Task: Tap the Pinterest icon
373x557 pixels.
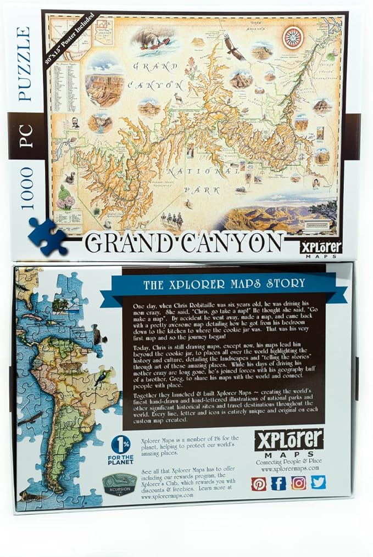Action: (x=259, y=483)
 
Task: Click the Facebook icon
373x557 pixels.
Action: (x=279, y=483)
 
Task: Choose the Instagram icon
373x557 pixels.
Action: (x=298, y=483)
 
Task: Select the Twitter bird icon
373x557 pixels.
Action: (x=318, y=482)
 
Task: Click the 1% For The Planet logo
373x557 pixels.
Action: (x=121, y=449)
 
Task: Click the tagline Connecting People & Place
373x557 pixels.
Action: (x=288, y=462)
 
